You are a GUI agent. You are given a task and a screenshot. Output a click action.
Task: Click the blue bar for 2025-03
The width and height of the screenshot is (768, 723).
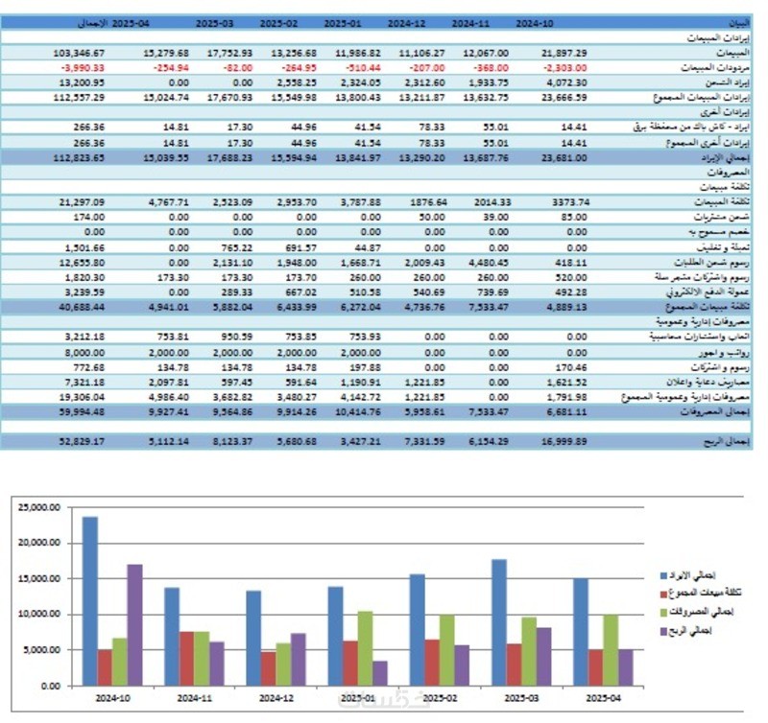click(498, 622)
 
